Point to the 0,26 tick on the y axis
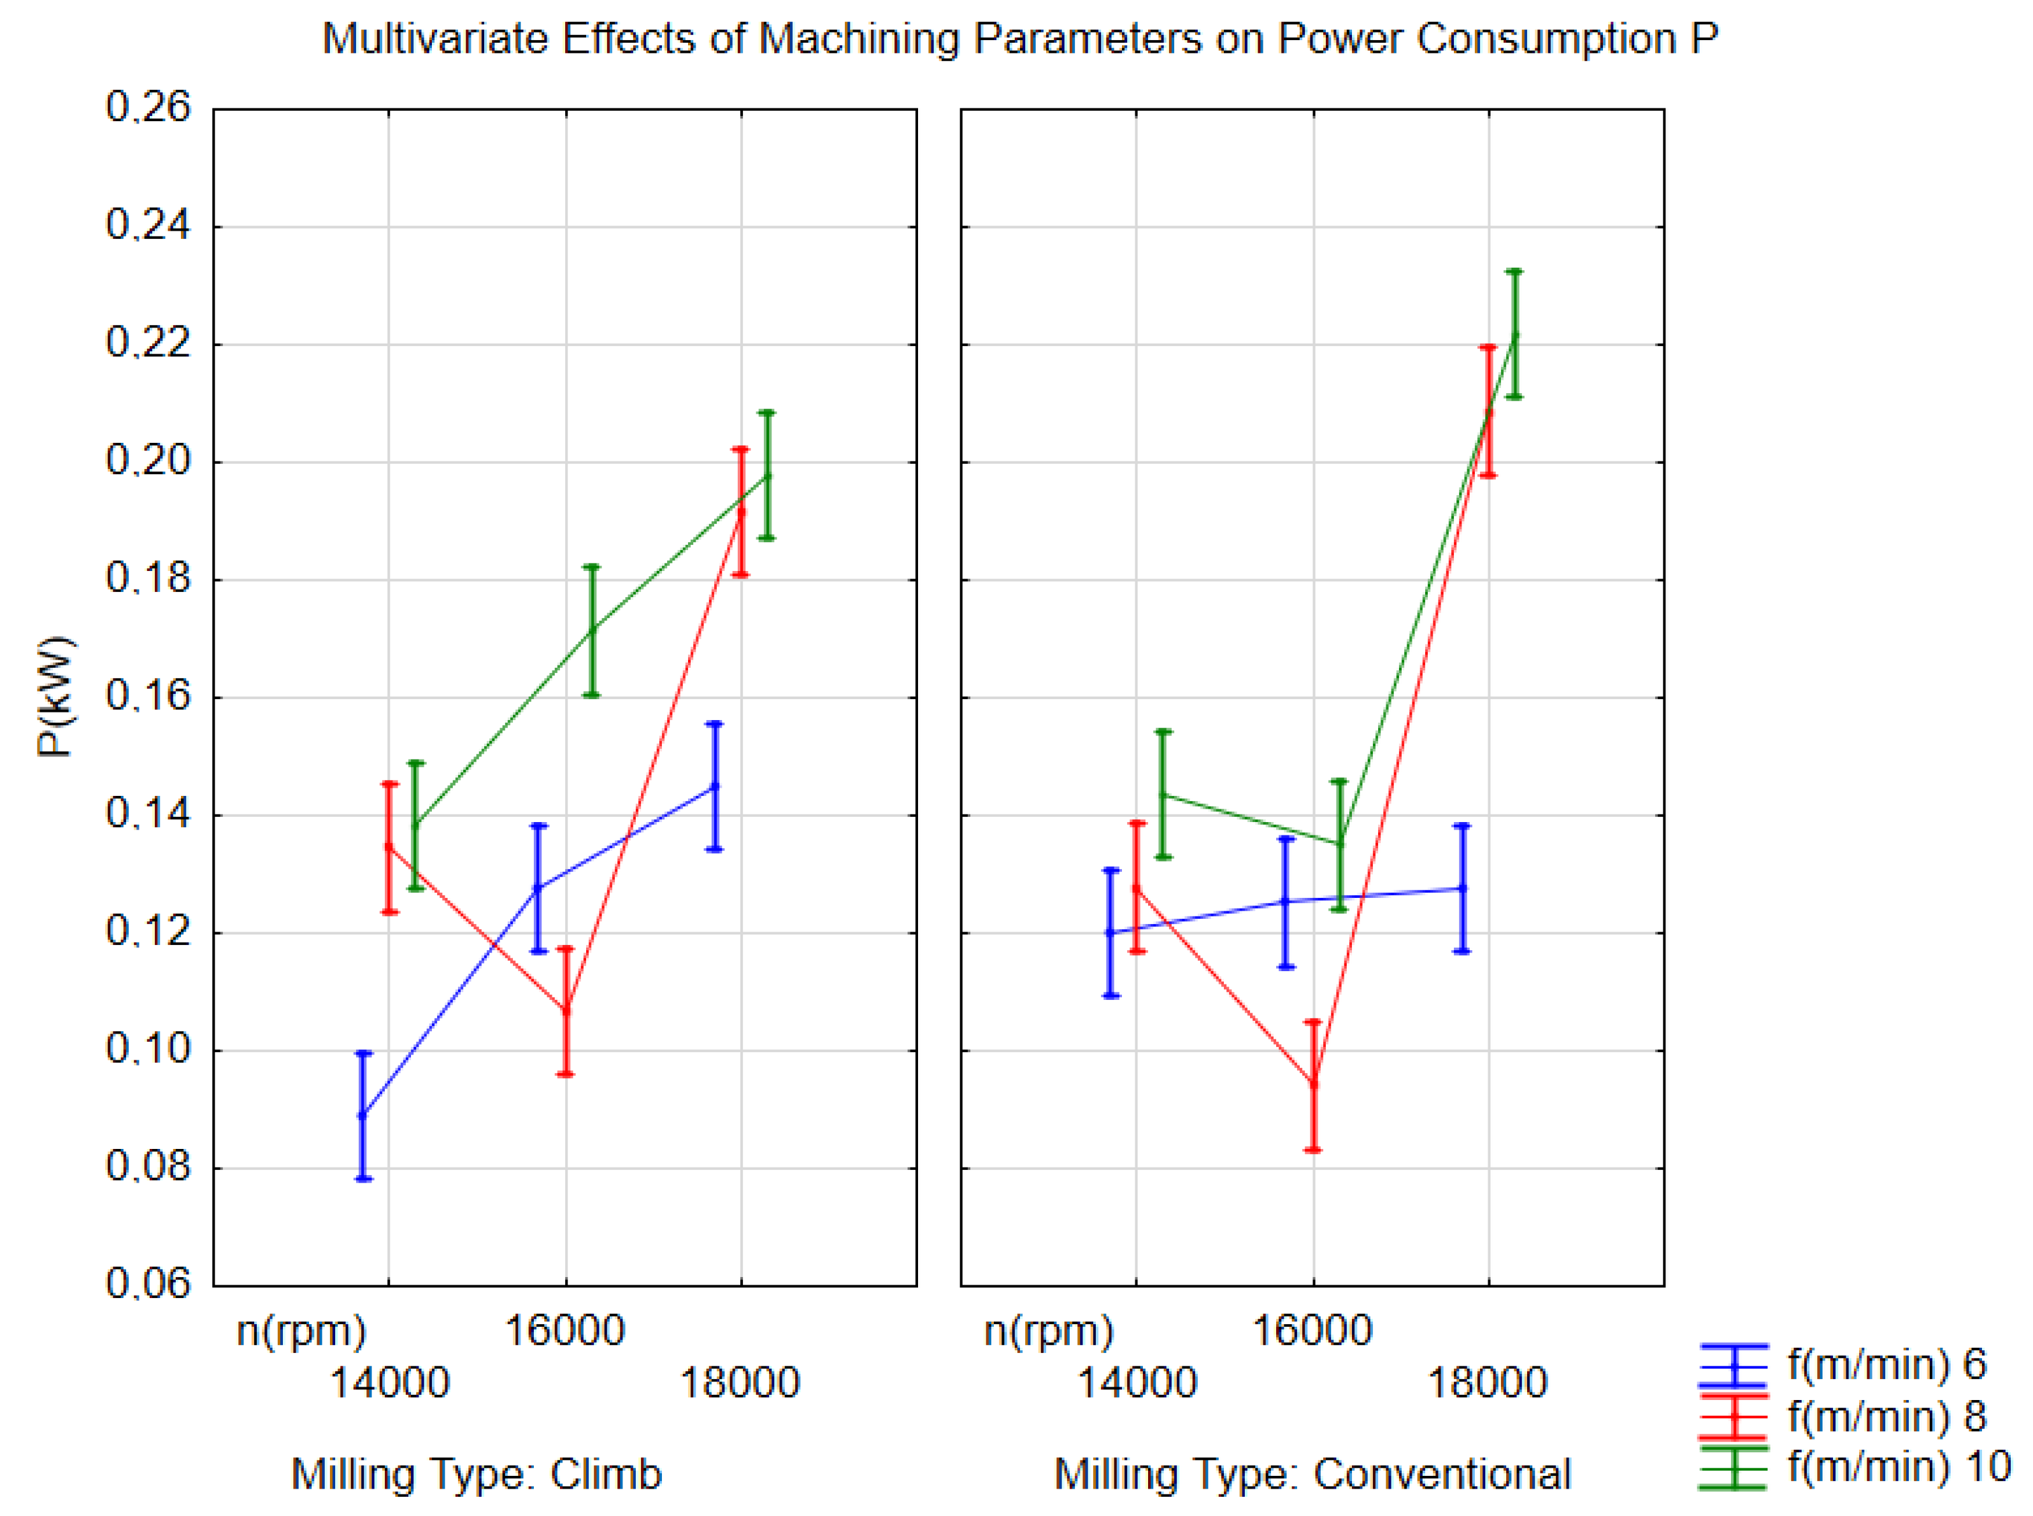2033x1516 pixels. pos(148,107)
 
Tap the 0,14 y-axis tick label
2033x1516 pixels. pos(148,814)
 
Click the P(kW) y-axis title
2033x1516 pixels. pos(55,697)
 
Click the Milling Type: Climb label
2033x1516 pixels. pos(476,1475)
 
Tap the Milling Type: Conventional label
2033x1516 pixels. pos(1312,1475)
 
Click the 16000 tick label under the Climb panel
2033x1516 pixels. pos(565,1331)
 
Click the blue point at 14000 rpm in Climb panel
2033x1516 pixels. pos(363,1115)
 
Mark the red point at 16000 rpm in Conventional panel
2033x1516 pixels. pos(1313,1084)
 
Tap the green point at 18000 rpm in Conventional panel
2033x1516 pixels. pos(1514,334)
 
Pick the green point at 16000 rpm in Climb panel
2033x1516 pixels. pos(592,630)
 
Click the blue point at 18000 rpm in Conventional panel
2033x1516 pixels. pos(1462,888)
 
